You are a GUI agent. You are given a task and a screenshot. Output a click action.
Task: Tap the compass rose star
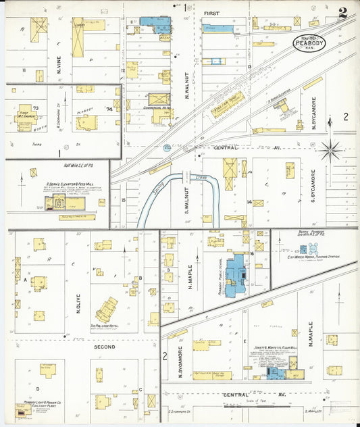click(x=330, y=150)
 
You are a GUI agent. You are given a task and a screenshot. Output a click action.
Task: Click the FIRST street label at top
click(x=213, y=13)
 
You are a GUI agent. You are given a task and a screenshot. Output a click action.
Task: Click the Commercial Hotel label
click(x=156, y=107)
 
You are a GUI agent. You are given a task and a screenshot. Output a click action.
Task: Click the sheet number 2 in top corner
click(x=343, y=13)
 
